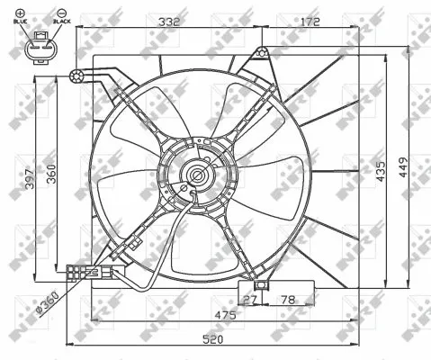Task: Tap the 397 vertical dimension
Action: click(x=30, y=177)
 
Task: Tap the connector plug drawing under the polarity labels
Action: click(x=40, y=52)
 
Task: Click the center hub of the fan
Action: click(x=195, y=175)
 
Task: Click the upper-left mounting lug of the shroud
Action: click(x=79, y=75)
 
